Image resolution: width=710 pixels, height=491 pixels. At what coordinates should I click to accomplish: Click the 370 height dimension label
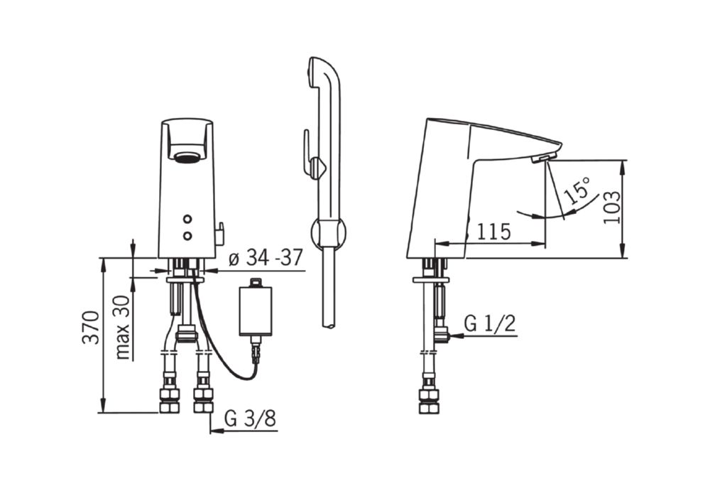pos(91,327)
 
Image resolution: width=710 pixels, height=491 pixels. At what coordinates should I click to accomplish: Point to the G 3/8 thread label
pos(250,419)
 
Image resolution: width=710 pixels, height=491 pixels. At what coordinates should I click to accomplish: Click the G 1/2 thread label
pos(490,324)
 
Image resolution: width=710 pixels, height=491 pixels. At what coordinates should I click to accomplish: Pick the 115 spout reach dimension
pos(493,232)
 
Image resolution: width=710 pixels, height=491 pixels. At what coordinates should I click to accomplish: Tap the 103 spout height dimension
pos(612,207)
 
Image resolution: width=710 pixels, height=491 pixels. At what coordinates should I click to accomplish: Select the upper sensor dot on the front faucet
pos(187,220)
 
